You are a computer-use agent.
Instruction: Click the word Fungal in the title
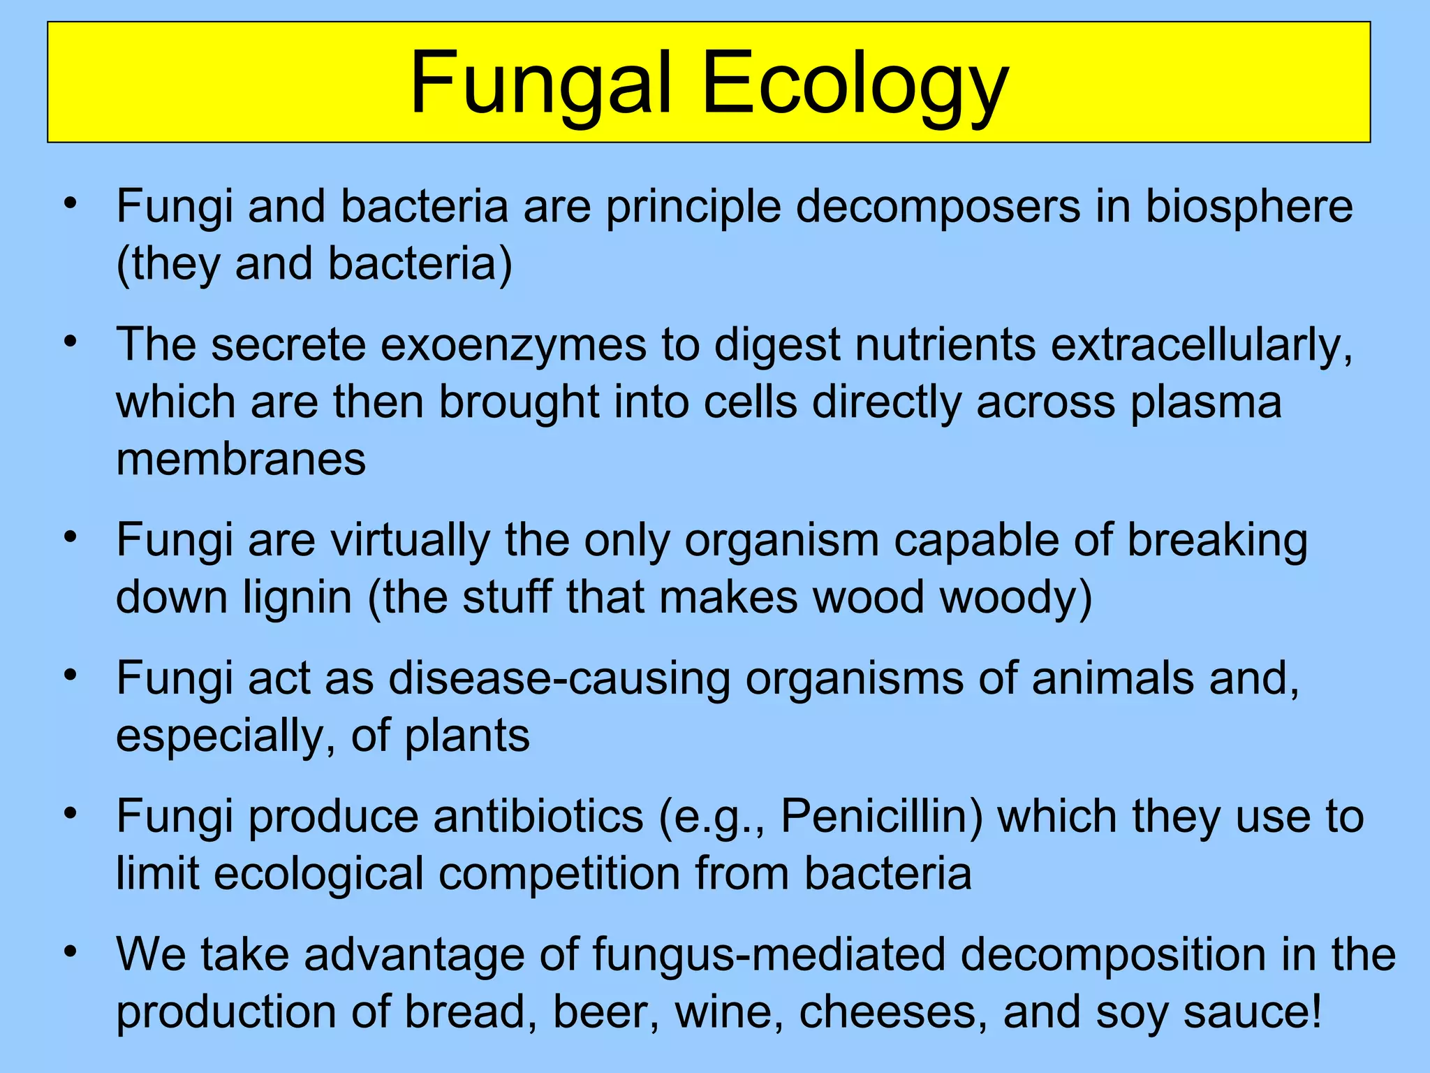[541, 84]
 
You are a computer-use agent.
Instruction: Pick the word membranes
[241, 459]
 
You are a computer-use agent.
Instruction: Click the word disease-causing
[559, 678]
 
